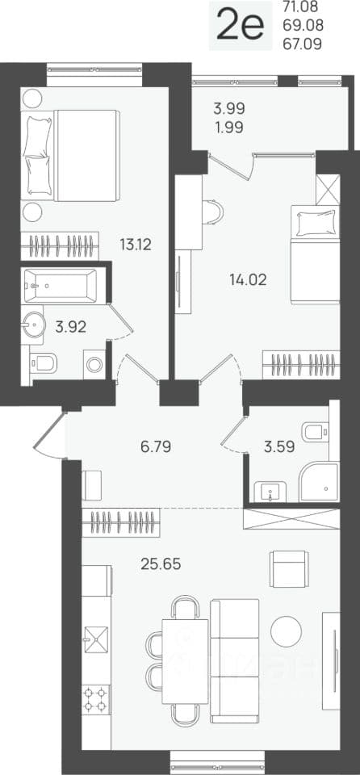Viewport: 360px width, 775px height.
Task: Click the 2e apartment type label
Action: point(241,26)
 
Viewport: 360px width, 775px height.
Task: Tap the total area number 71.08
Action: point(302,7)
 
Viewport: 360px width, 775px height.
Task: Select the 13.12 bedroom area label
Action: point(135,244)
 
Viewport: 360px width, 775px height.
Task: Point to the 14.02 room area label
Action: point(249,280)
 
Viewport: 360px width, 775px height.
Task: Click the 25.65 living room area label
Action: point(161,563)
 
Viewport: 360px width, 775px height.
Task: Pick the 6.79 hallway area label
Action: point(156,448)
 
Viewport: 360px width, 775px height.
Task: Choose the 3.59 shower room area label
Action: point(279,448)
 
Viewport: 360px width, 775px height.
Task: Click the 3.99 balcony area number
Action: point(229,107)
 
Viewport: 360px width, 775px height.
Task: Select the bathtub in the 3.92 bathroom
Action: point(59,286)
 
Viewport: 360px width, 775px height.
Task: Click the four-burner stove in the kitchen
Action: point(95,699)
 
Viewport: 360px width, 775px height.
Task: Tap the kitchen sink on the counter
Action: point(95,640)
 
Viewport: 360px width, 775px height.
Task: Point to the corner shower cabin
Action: point(320,483)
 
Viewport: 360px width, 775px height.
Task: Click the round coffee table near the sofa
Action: point(286,631)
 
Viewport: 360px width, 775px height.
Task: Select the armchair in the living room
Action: point(289,569)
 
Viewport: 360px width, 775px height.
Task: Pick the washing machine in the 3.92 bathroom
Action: point(94,365)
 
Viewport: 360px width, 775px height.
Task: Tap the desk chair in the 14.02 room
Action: point(212,212)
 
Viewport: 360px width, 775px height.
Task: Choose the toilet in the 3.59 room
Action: point(316,433)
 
